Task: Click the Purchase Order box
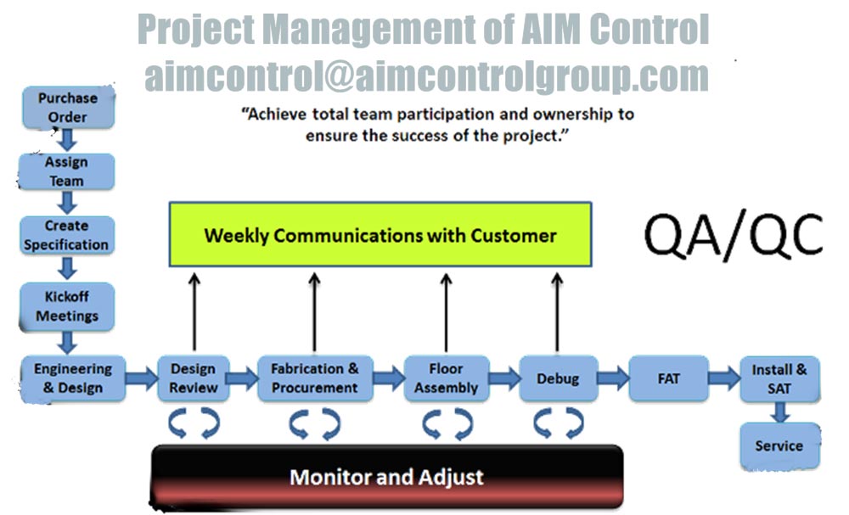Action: click(x=68, y=107)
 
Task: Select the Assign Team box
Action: click(x=66, y=171)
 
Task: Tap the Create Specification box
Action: click(x=67, y=235)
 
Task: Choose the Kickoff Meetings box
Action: click(x=67, y=306)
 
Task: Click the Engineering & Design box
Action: click(x=73, y=378)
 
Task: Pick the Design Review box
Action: click(x=194, y=378)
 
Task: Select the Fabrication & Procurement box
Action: click(x=315, y=378)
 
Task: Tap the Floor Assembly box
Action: click(x=447, y=378)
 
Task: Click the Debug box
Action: click(x=559, y=378)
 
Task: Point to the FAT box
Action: click(x=669, y=378)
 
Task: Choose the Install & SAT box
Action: click(x=779, y=379)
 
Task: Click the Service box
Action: click(x=779, y=446)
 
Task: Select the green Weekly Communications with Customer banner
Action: click(x=380, y=235)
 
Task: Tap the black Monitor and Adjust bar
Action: click(x=386, y=477)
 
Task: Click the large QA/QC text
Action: click(x=734, y=234)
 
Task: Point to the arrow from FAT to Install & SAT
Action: click(x=724, y=378)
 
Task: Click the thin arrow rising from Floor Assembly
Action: click(x=447, y=313)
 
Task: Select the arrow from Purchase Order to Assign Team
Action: click(x=67, y=140)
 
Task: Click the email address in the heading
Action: click(x=427, y=76)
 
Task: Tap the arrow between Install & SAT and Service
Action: click(x=780, y=412)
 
